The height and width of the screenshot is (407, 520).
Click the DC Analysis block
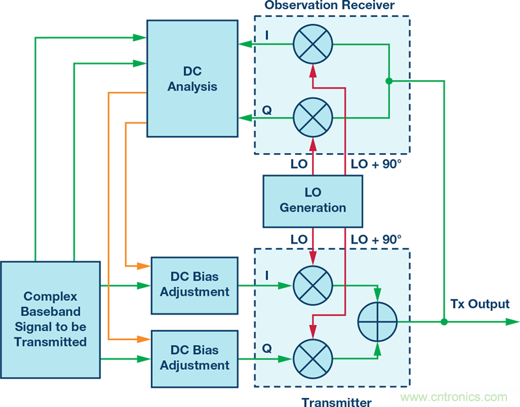click(x=192, y=78)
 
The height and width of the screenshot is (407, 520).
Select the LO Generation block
click(x=313, y=201)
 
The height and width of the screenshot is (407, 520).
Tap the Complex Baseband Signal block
click(x=50, y=319)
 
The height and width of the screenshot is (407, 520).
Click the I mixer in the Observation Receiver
click(x=313, y=45)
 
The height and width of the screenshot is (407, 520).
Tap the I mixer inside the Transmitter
click(x=313, y=285)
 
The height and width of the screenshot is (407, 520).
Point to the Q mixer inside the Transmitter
click(x=313, y=358)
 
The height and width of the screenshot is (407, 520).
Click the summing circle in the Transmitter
click(x=378, y=322)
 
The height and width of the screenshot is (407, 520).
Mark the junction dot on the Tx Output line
click(x=444, y=322)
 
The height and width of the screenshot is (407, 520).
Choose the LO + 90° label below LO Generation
click(x=376, y=239)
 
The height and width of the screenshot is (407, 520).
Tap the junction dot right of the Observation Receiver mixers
click(x=389, y=81)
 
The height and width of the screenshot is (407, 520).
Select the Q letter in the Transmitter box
click(x=266, y=348)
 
